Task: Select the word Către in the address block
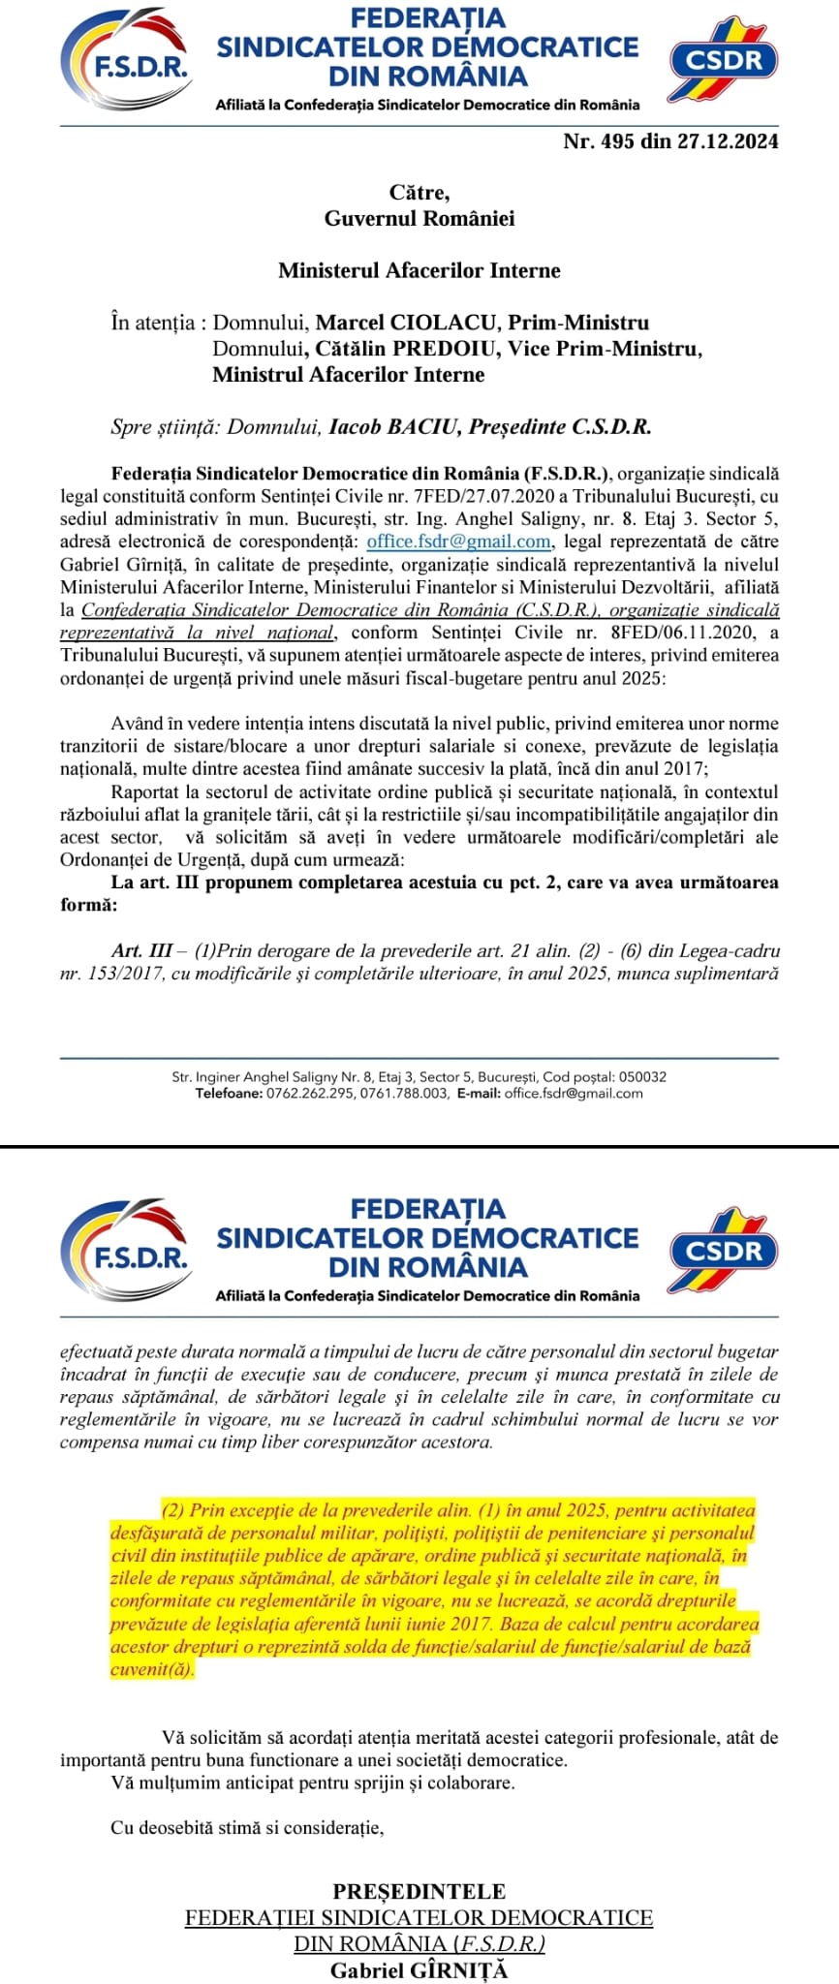pos(419,193)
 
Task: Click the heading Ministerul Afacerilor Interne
pos(419,270)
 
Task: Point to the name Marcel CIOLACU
pos(408,323)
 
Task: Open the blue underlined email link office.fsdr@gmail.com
pos(459,542)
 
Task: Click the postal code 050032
pos(642,1076)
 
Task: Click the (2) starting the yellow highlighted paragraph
pos(172,1510)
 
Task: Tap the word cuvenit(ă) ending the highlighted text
pos(152,1669)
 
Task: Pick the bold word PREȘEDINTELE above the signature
pos(419,1891)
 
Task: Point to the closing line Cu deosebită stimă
pos(248,1828)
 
